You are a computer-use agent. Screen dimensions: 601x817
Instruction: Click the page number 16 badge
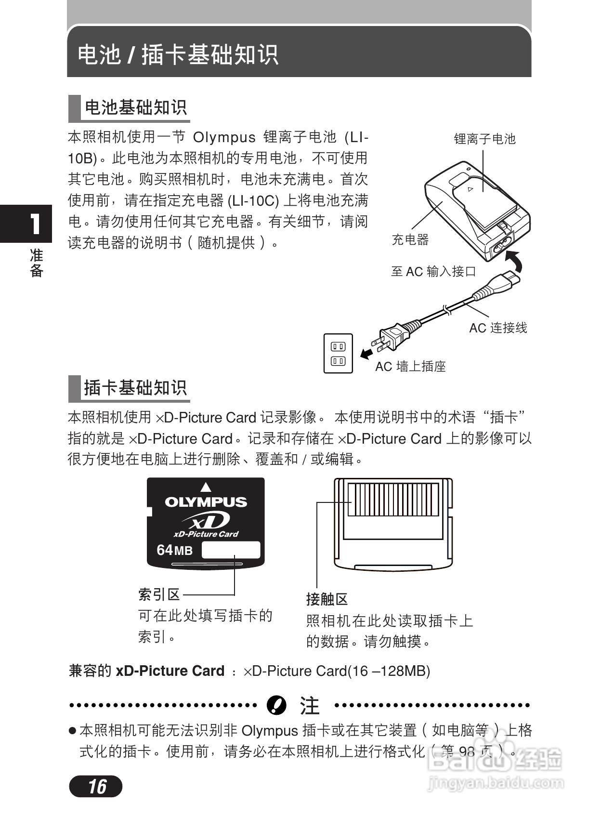point(96,786)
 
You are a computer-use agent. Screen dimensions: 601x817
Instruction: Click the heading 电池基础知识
point(135,107)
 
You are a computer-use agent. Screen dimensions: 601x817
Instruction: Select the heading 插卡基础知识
point(135,388)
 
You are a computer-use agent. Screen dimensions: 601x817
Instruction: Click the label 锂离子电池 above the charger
point(484,139)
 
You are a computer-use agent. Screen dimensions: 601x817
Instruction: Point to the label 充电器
point(410,239)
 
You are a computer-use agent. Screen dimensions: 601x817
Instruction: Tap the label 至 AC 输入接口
point(433,272)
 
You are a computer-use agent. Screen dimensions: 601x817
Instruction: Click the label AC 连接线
point(498,328)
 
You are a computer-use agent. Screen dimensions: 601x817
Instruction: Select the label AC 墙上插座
point(410,367)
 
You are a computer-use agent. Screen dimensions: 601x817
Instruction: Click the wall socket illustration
point(338,354)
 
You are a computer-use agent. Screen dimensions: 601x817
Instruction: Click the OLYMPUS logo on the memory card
point(206,502)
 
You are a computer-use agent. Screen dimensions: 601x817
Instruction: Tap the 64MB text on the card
point(174,550)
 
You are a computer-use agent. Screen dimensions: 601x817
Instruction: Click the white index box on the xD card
point(231,550)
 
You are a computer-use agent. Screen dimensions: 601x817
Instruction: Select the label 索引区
point(159,595)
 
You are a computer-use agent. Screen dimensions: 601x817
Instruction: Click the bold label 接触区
point(327,599)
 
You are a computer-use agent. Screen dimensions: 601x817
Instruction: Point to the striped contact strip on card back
point(393,500)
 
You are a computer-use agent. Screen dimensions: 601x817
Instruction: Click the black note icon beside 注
point(276,706)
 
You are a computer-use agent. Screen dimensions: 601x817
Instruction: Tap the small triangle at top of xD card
point(206,488)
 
